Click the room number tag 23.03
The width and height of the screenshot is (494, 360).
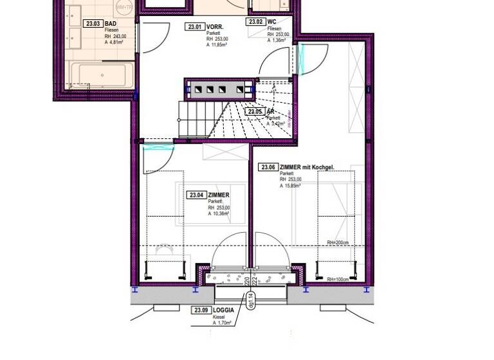point(92,24)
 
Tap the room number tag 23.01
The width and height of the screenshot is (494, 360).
point(194,27)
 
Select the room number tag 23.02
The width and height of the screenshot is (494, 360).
point(255,22)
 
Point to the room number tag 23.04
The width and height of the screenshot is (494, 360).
point(196,195)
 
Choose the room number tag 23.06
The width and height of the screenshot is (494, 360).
point(268,167)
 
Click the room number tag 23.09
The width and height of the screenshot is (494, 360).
point(201,310)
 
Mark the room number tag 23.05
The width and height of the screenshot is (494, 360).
point(254,111)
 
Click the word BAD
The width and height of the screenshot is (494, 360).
point(110,24)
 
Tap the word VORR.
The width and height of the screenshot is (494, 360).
point(215,27)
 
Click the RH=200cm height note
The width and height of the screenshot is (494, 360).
point(337,242)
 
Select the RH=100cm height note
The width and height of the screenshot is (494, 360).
point(337,279)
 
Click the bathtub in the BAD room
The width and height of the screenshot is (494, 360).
point(102,76)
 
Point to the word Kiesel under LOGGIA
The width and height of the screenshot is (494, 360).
point(219,317)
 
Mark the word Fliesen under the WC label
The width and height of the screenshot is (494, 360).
point(274,29)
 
